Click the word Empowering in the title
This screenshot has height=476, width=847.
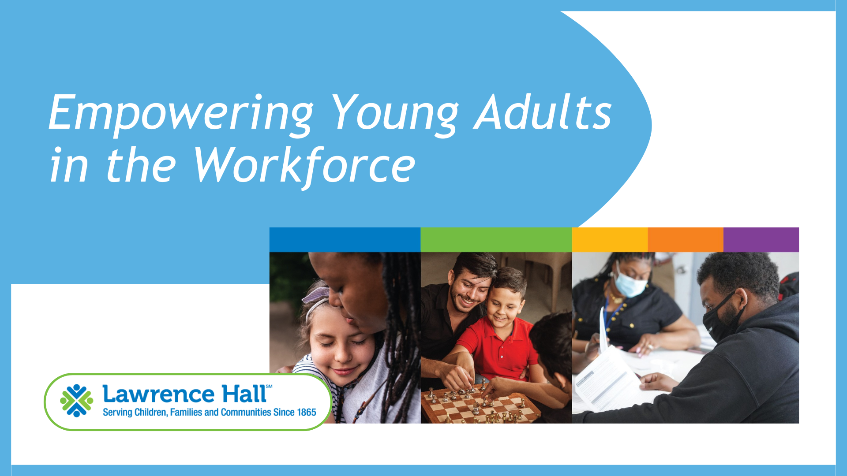[181, 113]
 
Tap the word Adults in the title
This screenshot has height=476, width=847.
[543, 112]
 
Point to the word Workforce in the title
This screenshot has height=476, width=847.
[304, 166]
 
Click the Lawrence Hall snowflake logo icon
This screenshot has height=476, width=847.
[77, 401]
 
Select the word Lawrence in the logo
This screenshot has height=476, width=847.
[158, 394]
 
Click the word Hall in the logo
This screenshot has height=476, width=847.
[244, 393]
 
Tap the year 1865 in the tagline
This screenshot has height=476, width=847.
[307, 413]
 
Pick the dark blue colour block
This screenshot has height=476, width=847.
[345, 240]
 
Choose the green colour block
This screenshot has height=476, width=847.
[496, 240]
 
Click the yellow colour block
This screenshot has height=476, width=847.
[610, 240]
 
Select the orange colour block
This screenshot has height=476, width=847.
[686, 240]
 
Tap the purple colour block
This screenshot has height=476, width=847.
[761, 240]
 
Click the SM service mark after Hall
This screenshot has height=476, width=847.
[269, 387]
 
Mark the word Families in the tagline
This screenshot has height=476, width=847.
[186, 413]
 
